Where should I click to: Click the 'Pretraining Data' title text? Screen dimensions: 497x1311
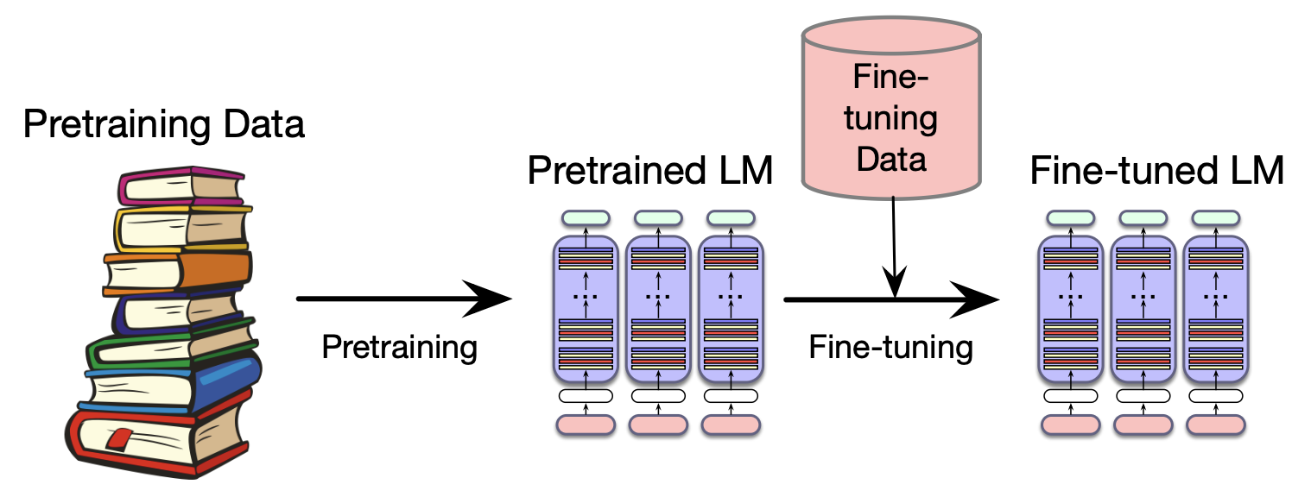[x=164, y=124]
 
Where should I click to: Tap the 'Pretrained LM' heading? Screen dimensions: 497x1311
[x=650, y=171]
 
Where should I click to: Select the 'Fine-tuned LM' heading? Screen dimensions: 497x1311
[x=1157, y=171]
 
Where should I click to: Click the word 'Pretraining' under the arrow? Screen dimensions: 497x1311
[x=399, y=348]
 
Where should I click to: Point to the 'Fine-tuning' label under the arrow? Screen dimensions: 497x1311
[x=890, y=348]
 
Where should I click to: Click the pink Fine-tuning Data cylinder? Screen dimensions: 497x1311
[x=890, y=112]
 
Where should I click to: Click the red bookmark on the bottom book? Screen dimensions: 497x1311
[x=120, y=437]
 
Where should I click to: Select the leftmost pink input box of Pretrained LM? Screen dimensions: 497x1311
[x=586, y=425]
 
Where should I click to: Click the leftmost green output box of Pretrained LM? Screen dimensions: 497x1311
[x=586, y=218]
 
